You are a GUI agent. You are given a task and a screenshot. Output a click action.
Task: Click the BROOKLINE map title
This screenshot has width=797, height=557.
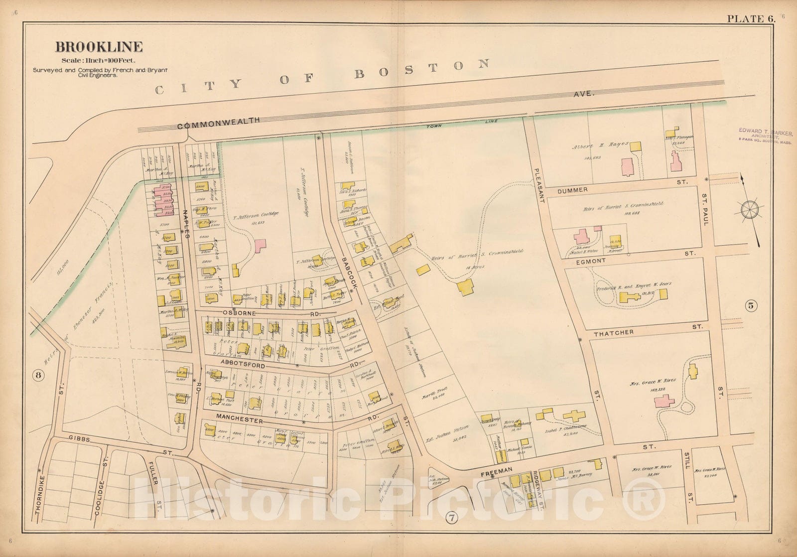coord(99,47)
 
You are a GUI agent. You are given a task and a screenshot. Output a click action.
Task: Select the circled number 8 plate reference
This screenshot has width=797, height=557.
coord(37,376)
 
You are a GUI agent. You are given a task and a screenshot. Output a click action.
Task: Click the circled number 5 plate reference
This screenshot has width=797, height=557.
coord(751,306)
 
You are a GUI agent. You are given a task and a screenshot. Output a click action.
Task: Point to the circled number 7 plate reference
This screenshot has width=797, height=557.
coord(451,518)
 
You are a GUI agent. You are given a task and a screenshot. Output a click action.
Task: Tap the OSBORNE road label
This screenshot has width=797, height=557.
coord(239,313)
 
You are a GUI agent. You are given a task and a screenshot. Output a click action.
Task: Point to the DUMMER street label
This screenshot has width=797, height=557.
coord(572,190)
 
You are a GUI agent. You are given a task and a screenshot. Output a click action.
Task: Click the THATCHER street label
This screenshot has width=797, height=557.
coord(613,332)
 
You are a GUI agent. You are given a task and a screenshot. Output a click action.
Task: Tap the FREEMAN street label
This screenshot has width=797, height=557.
coord(496,470)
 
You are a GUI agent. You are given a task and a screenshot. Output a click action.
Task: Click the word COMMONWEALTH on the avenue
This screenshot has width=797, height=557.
coord(219,123)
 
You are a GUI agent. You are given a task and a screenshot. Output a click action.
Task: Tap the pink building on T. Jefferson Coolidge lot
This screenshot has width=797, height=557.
coord(260,245)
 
